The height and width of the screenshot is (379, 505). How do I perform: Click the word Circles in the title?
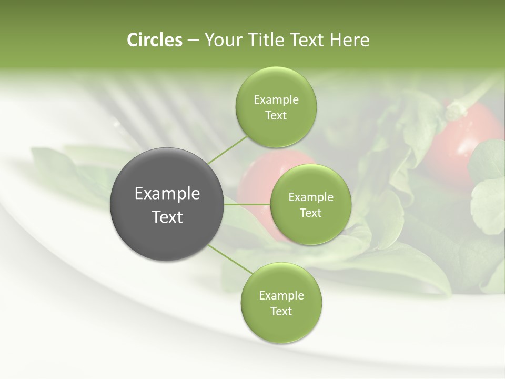click(x=154, y=40)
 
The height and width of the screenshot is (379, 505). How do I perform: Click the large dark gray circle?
click(x=167, y=204)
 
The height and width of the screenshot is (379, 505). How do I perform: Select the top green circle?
click(x=276, y=107)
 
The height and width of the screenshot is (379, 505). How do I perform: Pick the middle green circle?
click(x=310, y=204)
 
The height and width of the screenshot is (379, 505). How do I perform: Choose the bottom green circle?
click(x=281, y=303)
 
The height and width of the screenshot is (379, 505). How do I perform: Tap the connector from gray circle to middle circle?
click(x=247, y=204)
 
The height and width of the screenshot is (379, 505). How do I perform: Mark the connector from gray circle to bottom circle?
click(x=229, y=259)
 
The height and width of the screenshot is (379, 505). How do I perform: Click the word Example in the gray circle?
click(x=167, y=194)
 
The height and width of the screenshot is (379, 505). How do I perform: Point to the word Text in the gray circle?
click(x=167, y=217)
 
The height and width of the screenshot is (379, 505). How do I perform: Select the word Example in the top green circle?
click(x=276, y=99)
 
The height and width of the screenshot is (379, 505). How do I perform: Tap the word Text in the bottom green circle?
click(x=281, y=311)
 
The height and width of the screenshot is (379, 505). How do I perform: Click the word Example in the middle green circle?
click(x=310, y=197)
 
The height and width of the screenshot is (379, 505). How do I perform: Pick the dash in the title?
click(x=193, y=41)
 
